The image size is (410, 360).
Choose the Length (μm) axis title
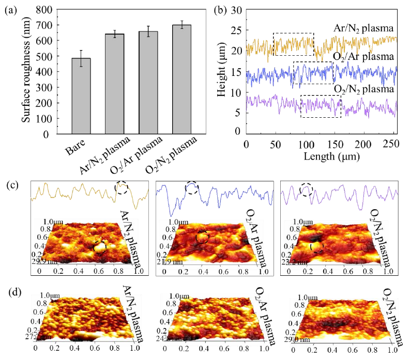coord(322,154)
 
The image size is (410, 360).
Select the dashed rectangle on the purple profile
coord(321,106)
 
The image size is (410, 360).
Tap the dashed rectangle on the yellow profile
coord(293,44)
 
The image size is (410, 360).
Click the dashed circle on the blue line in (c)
coord(191,187)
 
